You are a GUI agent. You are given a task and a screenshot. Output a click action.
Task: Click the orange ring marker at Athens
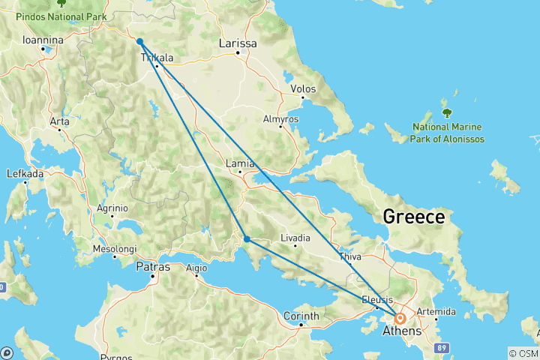(400, 318)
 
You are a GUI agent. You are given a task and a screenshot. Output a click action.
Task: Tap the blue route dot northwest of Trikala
(140, 41)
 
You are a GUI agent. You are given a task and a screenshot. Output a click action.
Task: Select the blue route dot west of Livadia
(247, 239)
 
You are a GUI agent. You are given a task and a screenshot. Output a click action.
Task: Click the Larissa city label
(238, 43)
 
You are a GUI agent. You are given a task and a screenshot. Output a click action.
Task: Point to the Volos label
(302, 89)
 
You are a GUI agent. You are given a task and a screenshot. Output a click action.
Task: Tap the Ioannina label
(42, 40)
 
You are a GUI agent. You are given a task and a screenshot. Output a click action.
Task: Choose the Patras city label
(153, 267)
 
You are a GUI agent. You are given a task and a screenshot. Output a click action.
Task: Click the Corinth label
(301, 316)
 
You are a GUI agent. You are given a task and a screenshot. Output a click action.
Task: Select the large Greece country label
(413, 217)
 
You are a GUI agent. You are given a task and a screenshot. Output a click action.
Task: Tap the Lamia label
(241, 163)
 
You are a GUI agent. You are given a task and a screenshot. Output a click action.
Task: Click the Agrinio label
(112, 208)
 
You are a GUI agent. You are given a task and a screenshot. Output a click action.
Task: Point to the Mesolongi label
(114, 248)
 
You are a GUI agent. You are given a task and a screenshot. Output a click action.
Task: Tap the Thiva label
(349, 256)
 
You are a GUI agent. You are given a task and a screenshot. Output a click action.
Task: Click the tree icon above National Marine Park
(447, 113)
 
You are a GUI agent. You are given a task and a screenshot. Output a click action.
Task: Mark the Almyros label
(280, 119)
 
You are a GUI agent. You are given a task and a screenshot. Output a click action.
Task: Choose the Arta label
(59, 121)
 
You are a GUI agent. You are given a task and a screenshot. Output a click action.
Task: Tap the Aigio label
(196, 268)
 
